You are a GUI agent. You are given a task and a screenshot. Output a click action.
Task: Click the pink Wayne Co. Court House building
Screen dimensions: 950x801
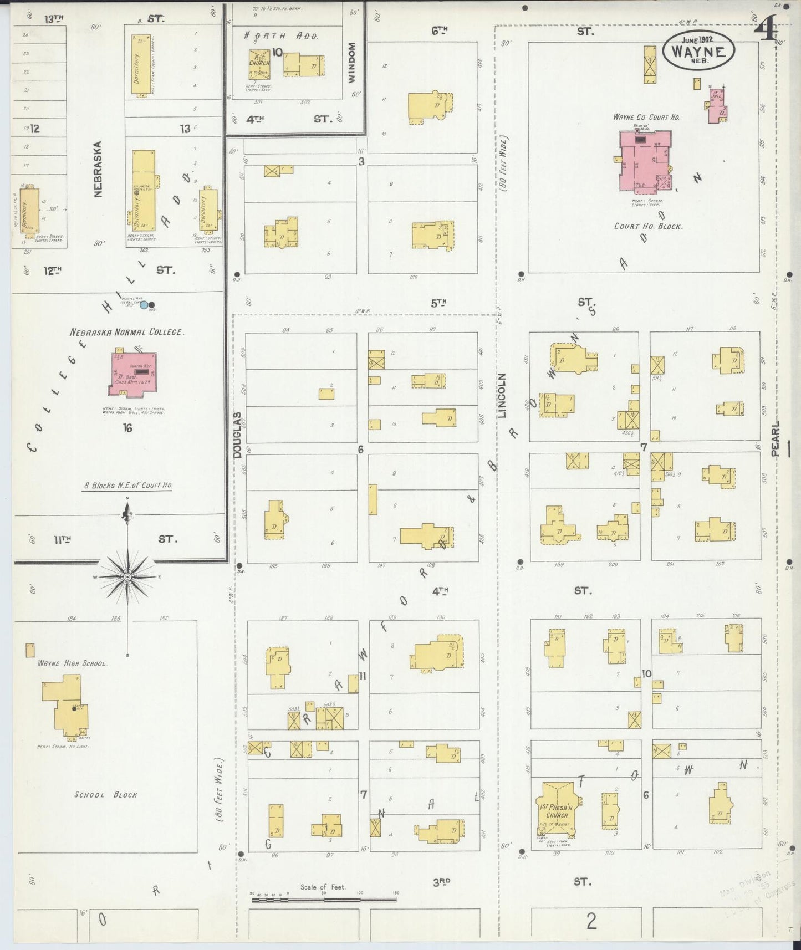(643, 161)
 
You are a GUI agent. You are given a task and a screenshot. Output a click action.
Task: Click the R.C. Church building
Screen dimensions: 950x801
(259, 64)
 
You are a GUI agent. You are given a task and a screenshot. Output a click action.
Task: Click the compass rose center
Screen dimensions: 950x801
(127, 577)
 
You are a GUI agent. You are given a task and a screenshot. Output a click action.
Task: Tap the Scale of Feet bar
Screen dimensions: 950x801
(324, 900)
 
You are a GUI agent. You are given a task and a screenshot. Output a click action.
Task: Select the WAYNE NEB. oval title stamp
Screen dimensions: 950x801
(698, 50)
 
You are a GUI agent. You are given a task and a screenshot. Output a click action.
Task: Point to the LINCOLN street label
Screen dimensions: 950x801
(502, 395)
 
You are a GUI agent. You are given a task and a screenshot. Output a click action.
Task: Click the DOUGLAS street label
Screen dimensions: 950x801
(237, 435)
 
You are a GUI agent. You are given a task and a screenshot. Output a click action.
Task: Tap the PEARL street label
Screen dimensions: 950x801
(775, 438)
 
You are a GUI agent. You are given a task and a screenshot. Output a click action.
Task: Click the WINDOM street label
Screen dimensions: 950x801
(350, 63)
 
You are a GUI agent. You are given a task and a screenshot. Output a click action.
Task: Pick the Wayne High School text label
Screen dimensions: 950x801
(72, 663)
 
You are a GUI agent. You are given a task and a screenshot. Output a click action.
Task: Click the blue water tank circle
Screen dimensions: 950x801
(144, 304)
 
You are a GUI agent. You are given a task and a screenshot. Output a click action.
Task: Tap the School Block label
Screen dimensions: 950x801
(106, 795)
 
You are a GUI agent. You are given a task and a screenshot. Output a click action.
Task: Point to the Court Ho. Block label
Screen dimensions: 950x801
(647, 226)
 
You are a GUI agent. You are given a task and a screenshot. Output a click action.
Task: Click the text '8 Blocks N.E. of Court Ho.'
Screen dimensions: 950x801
(128, 485)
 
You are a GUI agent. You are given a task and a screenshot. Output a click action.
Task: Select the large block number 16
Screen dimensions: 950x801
(127, 427)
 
